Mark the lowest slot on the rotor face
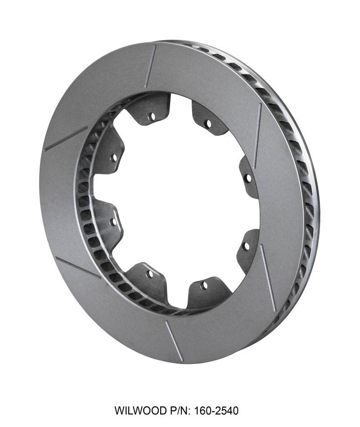[174, 341]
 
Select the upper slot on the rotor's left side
[66, 139]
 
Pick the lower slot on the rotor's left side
[77, 268]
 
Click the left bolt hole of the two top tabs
[152, 116]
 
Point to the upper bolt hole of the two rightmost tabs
[247, 178]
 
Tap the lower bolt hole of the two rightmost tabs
[246, 246]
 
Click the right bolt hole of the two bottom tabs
[204, 285]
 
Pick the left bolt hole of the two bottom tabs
[150, 273]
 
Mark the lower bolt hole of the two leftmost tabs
[113, 222]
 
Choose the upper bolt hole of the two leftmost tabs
[114, 158]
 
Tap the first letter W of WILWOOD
[119, 411]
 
